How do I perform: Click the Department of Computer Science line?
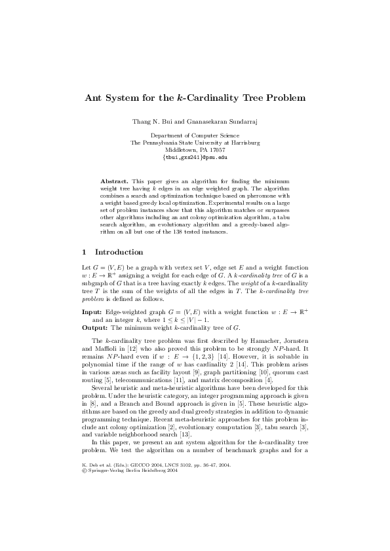click(x=195, y=135)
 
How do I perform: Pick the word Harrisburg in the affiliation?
click(x=243, y=143)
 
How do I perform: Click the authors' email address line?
click(x=195, y=158)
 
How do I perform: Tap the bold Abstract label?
click(x=114, y=179)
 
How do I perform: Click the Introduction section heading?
click(x=119, y=252)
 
